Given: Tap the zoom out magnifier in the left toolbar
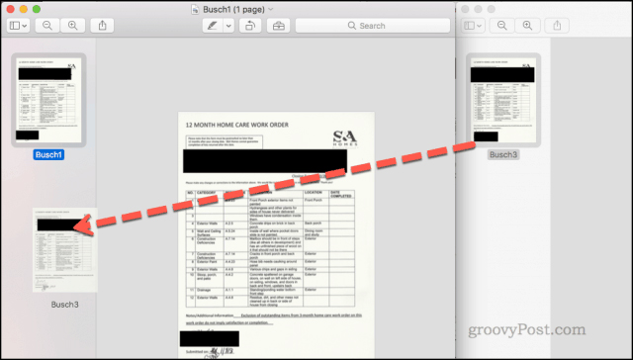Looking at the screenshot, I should (x=46, y=25).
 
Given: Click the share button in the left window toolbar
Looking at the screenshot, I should (x=105, y=25).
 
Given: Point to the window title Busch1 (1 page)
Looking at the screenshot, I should (x=231, y=8).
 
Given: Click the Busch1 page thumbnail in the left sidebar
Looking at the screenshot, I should (x=47, y=98).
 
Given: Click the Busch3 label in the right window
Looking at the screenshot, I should (x=503, y=155).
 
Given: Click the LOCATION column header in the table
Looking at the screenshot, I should (x=314, y=192).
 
